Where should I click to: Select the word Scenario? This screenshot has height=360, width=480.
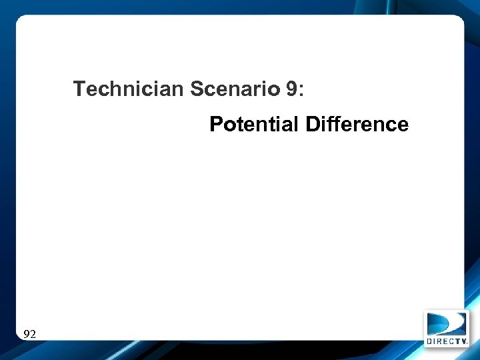tap(235, 89)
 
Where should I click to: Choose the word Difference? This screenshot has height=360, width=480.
tap(357, 124)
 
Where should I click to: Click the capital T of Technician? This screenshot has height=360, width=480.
tap(79, 89)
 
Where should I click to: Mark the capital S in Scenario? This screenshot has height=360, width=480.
tap(197, 89)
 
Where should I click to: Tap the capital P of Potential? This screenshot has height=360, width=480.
tap(216, 124)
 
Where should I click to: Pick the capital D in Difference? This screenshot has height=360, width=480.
tap(312, 124)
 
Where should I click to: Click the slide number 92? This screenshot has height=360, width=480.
tap(29, 334)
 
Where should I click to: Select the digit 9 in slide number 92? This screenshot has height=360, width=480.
tap(26, 334)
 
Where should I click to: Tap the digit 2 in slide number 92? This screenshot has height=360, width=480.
tap(33, 334)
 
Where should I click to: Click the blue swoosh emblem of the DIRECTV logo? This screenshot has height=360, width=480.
tap(447, 323)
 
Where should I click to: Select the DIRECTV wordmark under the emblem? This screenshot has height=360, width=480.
tap(447, 341)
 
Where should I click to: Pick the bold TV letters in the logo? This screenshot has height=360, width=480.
tap(461, 341)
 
